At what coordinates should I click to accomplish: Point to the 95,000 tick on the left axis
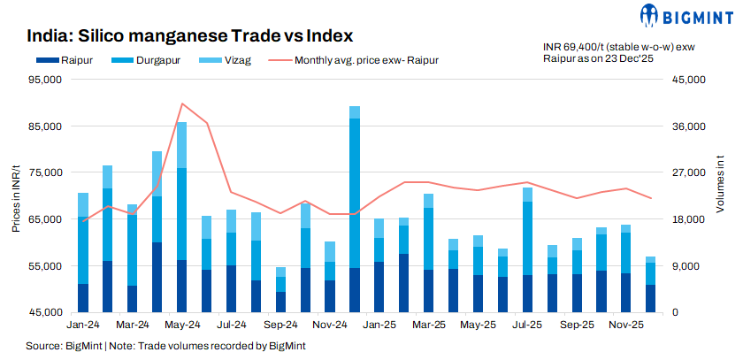pyautogui.click(x=43, y=80)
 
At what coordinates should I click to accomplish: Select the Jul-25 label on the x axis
pyautogui.click(x=527, y=326)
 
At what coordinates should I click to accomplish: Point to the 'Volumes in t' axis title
pyautogui.click(x=720, y=182)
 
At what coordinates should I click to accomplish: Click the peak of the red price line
pyautogui.click(x=181, y=103)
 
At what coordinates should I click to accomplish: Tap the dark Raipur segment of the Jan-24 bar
pyautogui.click(x=83, y=297)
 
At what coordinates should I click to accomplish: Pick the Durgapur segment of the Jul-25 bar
pyautogui.click(x=527, y=238)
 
